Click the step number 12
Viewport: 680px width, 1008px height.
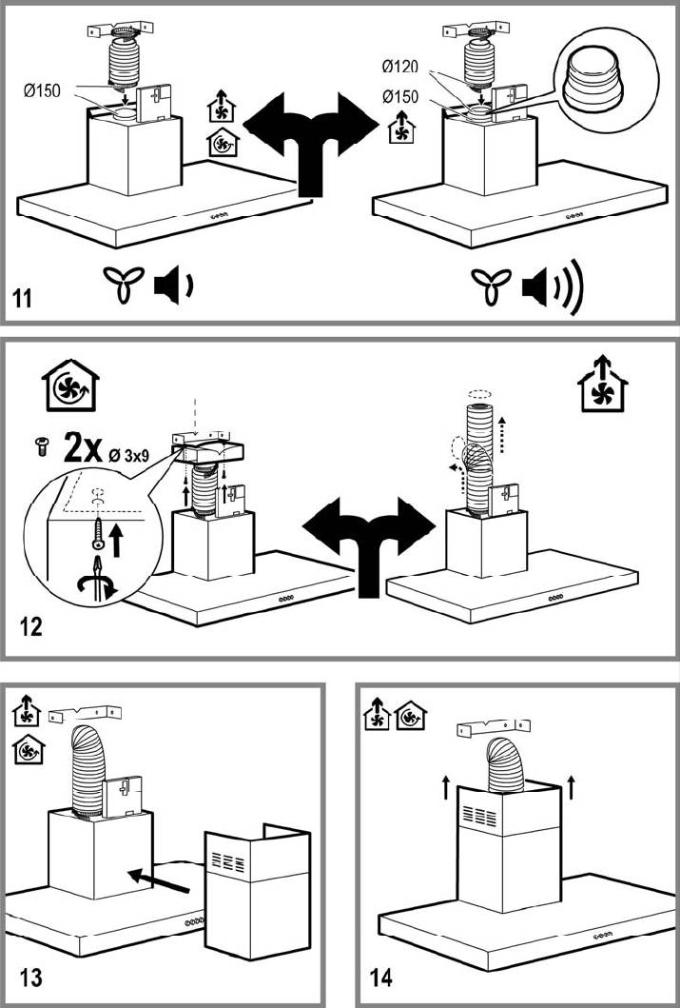[31, 628]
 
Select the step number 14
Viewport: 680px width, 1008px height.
[379, 977]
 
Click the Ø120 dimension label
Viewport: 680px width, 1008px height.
[400, 67]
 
